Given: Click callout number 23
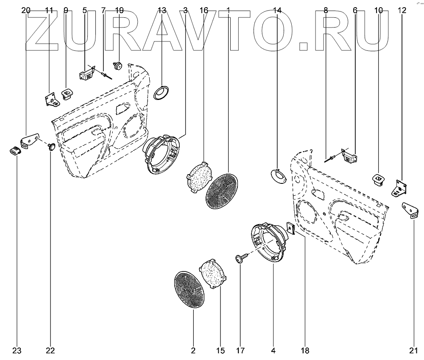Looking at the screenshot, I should click(x=17, y=351).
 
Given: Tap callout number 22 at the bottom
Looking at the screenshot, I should click(x=50, y=351).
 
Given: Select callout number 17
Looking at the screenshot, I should click(x=240, y=351).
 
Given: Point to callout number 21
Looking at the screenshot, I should click(x=414, y=351).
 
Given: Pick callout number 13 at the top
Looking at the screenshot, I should click(x=162, y=10).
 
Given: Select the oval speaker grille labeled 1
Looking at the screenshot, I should click(x=221, y=191).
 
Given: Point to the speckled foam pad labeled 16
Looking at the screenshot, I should click(x=200, y=177).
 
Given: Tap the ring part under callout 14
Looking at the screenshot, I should click(x=279, y=175).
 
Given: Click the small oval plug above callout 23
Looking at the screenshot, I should click(x=16, y=150).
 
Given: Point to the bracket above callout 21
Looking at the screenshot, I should click(x=410, y=209).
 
